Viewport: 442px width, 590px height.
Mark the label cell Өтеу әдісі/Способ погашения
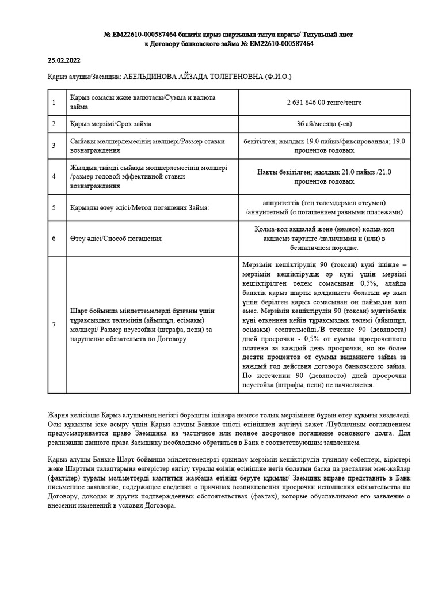[x=115, y=238]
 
